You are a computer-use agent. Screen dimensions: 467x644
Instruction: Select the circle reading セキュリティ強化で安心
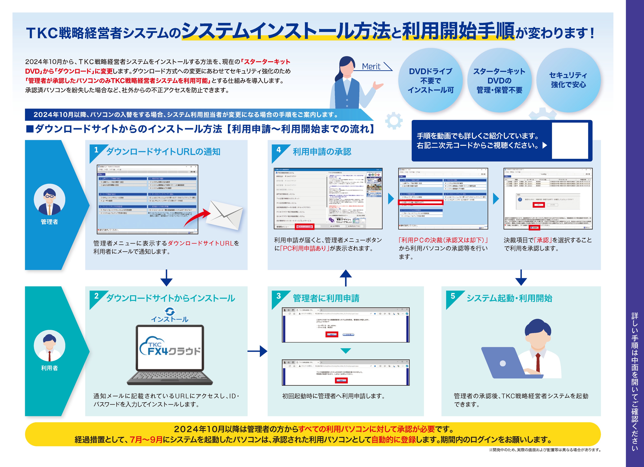[x=568, y=80]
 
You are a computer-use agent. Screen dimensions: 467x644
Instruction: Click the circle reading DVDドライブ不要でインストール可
[x=430, y=80]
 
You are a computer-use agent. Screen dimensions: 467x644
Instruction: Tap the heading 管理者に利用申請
[x=326, y=298]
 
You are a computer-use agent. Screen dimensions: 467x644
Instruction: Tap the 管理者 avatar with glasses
[x=49, y=199]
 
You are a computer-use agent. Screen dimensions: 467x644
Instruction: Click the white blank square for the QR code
[x=570, y=141]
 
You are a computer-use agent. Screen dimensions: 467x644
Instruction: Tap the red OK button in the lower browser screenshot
[x=341, y=380]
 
